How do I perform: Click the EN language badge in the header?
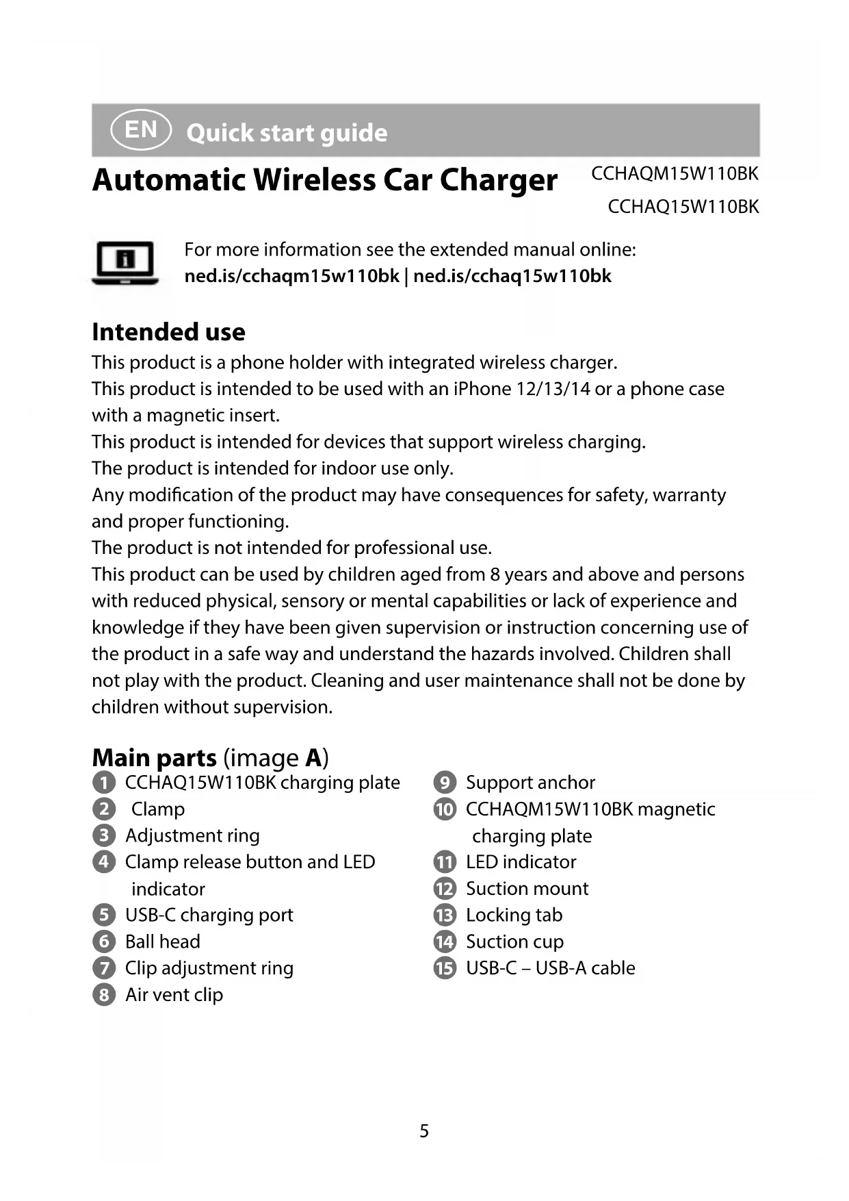coord(141,129)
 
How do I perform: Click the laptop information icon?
coord(125,262)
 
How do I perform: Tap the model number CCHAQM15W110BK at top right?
coord(675,174)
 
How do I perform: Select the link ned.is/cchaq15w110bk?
coord(512,276)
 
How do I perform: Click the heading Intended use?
coord(168,332)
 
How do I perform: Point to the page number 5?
coord(424,1130)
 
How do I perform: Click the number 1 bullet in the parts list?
coord(103,783)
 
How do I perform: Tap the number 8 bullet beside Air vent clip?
coord(103,995)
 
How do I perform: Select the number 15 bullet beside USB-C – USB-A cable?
coord(445,968)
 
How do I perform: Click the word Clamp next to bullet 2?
coord(158,809)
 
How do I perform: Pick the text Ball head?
coord(163,941)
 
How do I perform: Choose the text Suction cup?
coord(514,941)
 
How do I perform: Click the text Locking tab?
coord(514,915)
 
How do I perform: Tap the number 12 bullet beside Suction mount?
coord(445,889)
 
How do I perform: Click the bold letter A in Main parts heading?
coord(313,758)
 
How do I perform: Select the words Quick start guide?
coord(287,133)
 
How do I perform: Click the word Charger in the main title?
coord(499,180)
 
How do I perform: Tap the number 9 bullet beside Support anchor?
coord(445,783)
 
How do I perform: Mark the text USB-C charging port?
coord(209,915)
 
